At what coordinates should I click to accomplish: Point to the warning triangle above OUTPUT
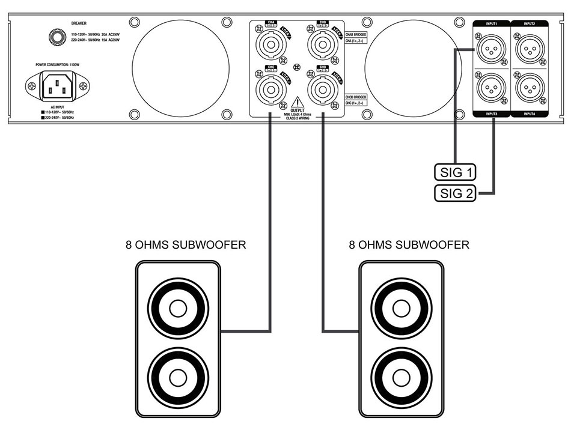coord(295,102)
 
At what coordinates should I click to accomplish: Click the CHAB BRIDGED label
coord(356,35)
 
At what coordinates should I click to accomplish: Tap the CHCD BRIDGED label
coord(356,96)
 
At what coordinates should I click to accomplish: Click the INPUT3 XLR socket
coord(491,89)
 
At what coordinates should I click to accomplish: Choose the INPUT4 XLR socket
coord(530,89)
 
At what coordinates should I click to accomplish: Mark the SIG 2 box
coord(454,193)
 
